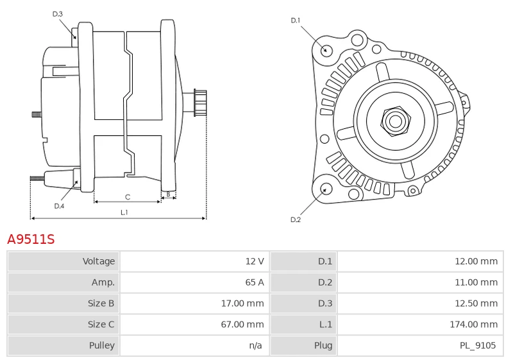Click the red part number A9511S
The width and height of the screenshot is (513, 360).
coord(31,239)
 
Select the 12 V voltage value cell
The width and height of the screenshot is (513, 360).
coord(255,261)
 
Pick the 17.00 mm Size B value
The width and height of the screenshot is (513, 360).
coord(242,303)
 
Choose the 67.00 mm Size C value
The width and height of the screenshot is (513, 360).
coord(242,324)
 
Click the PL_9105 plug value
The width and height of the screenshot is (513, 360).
coord(478,345)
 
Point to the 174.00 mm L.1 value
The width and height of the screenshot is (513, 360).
coord(473,324)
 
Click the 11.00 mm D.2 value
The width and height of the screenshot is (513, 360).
coord(476,282)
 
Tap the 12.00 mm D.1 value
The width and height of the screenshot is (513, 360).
coord(476,261)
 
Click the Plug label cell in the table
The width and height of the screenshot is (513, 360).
coord(323,345)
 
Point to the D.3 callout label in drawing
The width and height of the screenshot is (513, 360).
coord(58,13)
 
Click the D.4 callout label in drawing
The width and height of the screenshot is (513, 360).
coord(59,206)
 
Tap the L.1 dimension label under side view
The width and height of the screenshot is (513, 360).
coord(124,212)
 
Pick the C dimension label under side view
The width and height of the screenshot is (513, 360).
coord(128,196)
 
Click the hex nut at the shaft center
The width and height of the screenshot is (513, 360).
coord(394,120)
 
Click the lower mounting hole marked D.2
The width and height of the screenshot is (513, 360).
coord(325,189)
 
